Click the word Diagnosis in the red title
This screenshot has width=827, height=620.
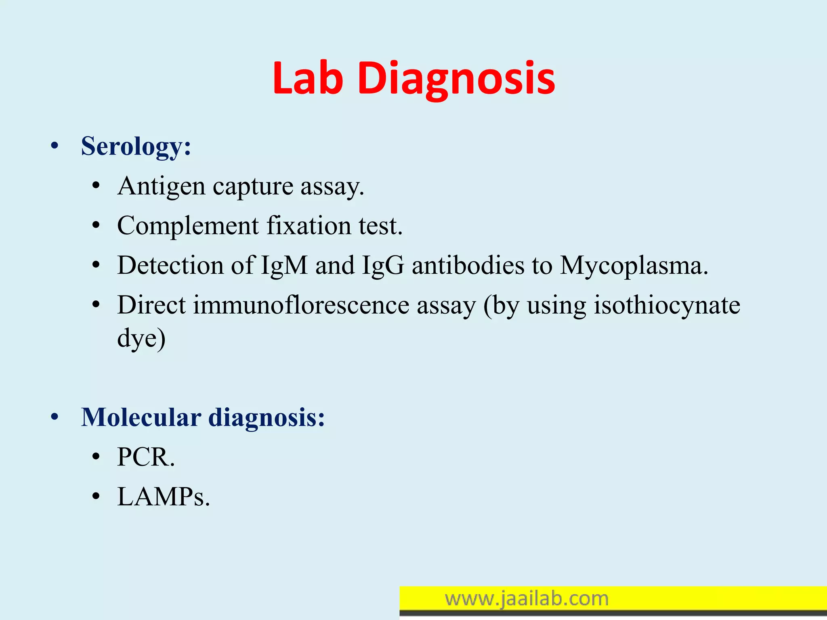coord(456,79)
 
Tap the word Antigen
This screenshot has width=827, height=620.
coord(162,186)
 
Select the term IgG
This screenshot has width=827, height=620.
coord(383,266)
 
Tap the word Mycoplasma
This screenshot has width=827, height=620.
coord(634,266)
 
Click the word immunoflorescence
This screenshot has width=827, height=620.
coord(301,305)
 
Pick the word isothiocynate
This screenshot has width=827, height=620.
coord(667,305)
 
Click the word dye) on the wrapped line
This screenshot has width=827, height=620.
coord(141,338)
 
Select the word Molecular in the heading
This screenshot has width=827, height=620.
coord(141,417)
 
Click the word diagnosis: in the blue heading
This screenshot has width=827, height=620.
coord(267,417)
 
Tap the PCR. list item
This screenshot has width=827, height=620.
coord(146,457)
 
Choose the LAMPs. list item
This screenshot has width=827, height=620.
coord(164,496)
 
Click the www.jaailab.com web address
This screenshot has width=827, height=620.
coord(527,599)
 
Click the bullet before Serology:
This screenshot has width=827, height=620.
coord(55,147)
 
